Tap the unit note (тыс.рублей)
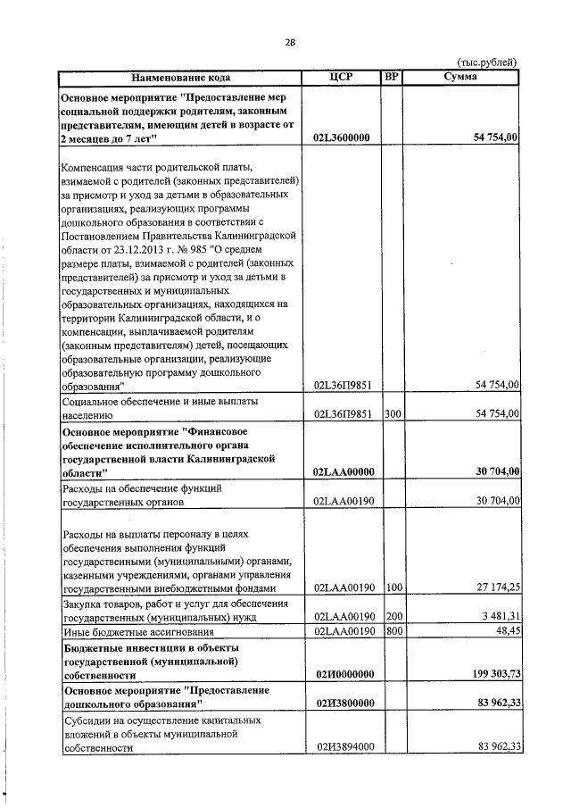487,62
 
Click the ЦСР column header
342,77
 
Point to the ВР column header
391,77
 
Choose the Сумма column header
459,77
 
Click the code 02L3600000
343,138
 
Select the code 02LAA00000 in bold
343,471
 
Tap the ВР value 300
392,414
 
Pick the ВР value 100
392,587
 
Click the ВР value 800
392,631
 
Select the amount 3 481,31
495,616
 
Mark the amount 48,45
505,631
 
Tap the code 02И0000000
343,674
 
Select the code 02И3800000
343,704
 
